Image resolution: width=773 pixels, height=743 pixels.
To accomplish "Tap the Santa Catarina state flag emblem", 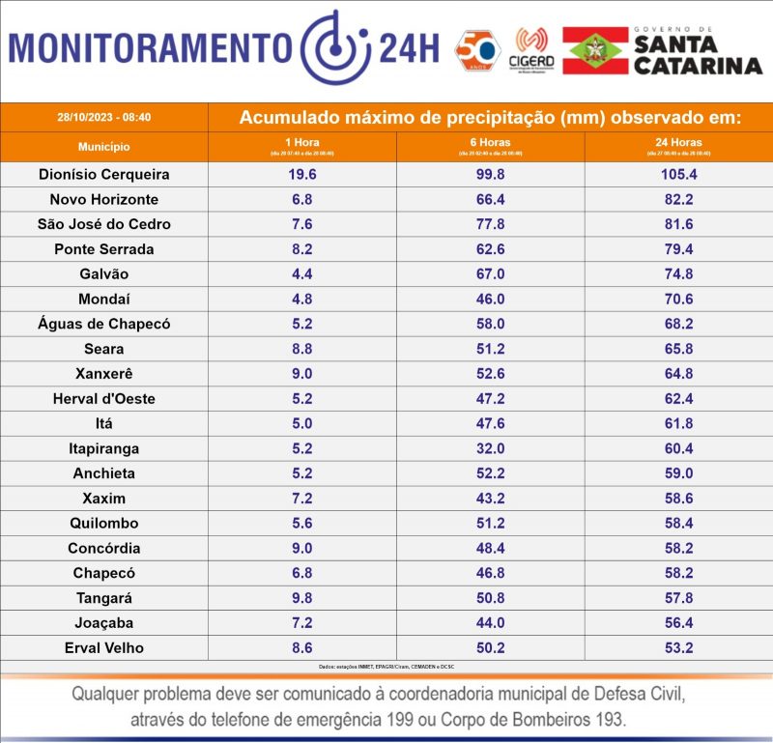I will click(595, 50).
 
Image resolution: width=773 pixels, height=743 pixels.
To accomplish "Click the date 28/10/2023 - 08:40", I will click(104, 117).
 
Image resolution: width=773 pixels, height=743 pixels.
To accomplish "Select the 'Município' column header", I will click(104, 147).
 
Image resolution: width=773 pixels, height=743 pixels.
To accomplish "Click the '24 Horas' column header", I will click(678, 146).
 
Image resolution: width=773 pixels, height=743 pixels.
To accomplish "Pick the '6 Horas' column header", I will click(490, 146).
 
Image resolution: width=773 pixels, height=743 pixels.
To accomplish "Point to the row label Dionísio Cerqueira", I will click(104, 175).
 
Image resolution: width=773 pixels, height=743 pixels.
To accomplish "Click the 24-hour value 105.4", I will click(678, 175).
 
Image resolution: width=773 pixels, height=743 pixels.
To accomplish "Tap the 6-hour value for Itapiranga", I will click(490, 448).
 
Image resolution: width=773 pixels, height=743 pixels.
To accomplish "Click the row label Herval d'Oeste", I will click(104, 399).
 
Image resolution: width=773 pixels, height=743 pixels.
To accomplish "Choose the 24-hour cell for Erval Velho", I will click(678, 647).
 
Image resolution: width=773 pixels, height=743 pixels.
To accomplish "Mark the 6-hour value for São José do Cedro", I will click(490, 224).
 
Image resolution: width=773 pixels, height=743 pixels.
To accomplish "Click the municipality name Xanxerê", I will click(104, 374).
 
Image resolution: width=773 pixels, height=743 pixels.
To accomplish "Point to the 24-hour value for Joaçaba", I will click(678, 623).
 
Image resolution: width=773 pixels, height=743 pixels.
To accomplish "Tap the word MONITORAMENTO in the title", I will click(150, 47).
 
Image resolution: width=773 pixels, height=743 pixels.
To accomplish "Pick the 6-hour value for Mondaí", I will click(490, 300).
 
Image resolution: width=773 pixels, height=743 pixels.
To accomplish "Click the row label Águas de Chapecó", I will click(104, 325).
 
